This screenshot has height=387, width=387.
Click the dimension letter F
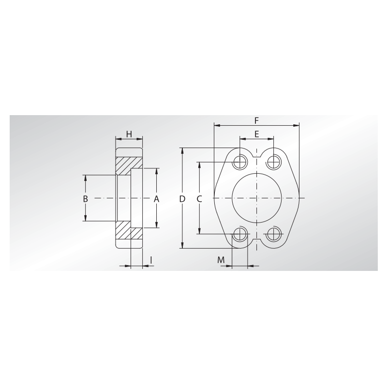click(257, 120)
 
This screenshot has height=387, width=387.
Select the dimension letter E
click(257, 134)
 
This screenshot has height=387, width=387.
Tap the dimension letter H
click(129, 134)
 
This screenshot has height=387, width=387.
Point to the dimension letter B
click(86, 199)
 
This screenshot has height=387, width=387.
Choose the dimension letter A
click(156, 199)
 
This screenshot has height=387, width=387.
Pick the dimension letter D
click(182, 199)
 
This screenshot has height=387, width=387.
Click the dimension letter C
click(199, 199)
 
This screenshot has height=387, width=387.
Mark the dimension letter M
click(221, 260)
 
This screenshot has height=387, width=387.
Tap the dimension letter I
click(151, 260)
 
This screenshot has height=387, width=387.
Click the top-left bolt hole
click(240, 162)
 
